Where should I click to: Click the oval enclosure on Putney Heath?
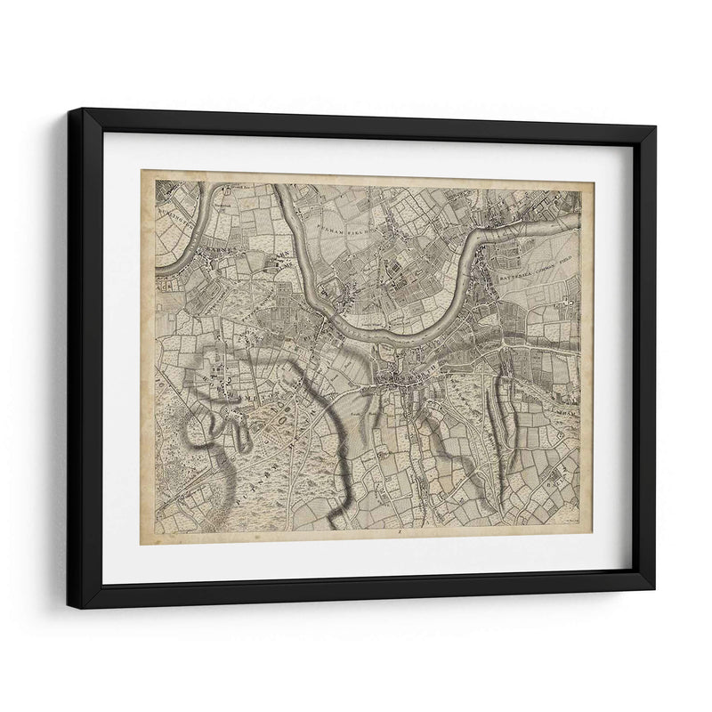[x=271, y=418]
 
